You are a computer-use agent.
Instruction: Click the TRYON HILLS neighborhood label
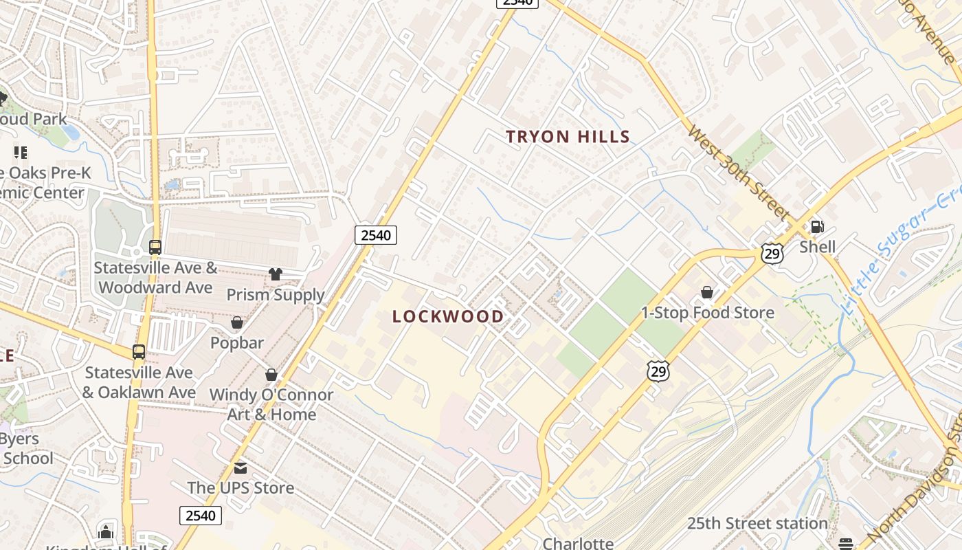[x=568, y=137]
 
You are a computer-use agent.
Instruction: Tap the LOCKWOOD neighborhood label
[x=448, y=317]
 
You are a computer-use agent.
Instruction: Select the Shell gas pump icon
[x=817, y=226]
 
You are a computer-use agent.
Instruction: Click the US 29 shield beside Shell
[x=772, y=254]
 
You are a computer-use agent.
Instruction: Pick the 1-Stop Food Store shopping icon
[x=706, y=293]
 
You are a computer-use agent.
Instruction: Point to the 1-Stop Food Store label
[x=707, y=313]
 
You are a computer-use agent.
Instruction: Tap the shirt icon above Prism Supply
[x=276, y=274]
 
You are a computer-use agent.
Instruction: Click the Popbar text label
[x=237, y=342]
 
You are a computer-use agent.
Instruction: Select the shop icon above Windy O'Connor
[x=271, y=375]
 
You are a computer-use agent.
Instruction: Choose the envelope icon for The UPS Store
[x=240, y=468]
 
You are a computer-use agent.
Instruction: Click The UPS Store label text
[x=240, y=488]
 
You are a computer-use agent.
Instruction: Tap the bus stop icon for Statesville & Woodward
[x=155, y=247]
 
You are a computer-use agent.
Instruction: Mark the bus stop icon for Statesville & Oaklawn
[x=139, y=352]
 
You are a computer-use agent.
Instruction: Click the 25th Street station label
[x=757, y=524]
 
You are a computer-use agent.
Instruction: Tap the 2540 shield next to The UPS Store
[x=201, y=516]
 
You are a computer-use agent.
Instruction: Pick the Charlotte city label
[x=578, y=543]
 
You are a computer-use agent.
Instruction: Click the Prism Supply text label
[x=276, y=295]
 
